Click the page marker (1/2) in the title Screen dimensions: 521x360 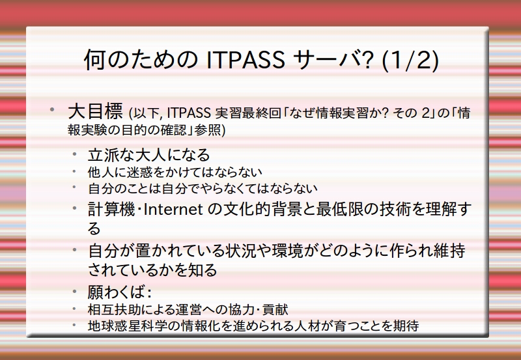tap(410, 61)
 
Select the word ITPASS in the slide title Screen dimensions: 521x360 tap(246, 60)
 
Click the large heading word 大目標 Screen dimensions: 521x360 tap(95, 111)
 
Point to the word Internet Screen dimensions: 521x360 tap(173, 210)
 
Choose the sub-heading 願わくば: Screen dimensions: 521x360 tap(120, 292)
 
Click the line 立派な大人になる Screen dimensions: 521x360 tap(149, 155)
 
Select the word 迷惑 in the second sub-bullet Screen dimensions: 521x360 tap(131, 172)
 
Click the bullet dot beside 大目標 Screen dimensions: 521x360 tap(52, 109)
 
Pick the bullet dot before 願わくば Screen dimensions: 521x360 tap(75, 291)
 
